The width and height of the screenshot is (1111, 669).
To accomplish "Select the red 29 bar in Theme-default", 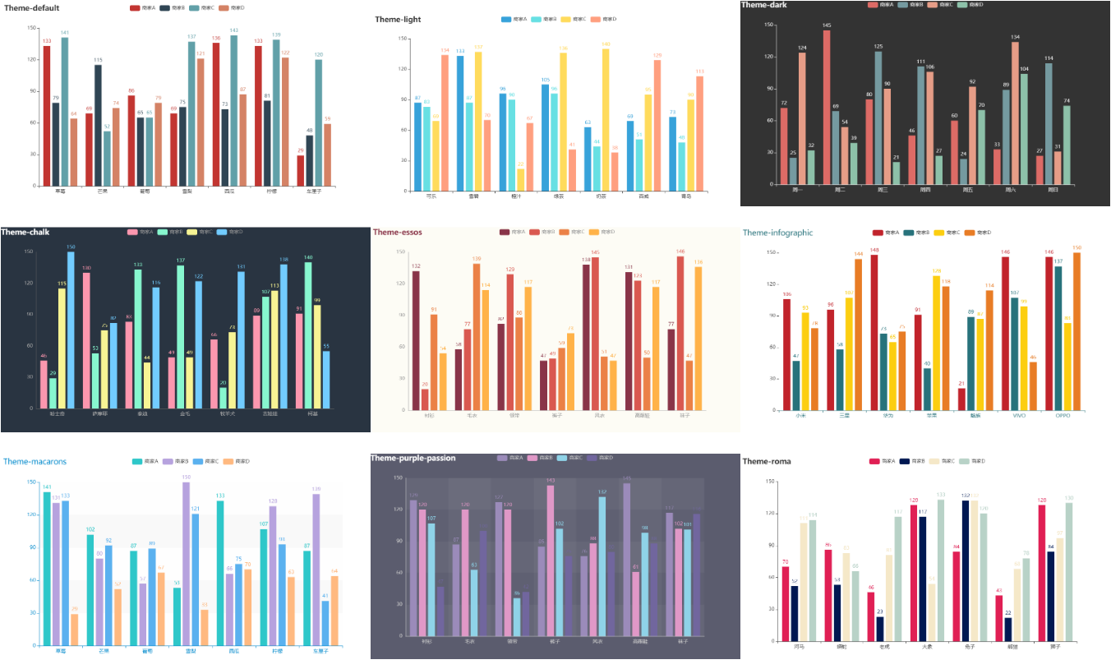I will [x=301, y=170].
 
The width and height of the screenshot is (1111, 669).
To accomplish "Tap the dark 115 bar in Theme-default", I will [x=98, y=125].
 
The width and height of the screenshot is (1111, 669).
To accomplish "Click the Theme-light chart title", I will [x=398, y=19].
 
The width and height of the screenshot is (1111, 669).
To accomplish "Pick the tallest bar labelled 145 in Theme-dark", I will [x=827, y=107].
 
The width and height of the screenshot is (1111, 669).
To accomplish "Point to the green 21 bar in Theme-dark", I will [x=895, y=173].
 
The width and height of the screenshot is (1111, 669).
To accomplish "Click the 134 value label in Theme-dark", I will [x=1015, y=37].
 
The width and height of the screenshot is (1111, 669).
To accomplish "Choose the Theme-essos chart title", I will [x=398, y=232].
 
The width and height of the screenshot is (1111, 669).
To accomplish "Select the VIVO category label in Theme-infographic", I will [x=1019, y=416].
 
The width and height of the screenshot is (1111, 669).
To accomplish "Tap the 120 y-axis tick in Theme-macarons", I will [x=30, y=514].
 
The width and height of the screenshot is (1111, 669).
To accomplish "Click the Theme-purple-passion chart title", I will [x=413, y=458].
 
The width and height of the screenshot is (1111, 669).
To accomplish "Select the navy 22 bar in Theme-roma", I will [x=1008, y=629].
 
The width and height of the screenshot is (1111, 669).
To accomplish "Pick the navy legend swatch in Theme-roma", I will [x=905, y=461].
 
